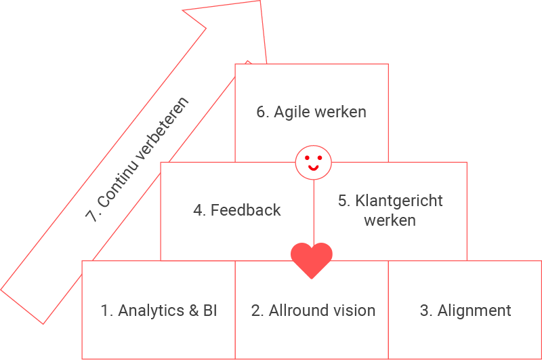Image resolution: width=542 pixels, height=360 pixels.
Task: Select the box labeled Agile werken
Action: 312,113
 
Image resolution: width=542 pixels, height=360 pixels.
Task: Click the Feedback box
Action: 236,210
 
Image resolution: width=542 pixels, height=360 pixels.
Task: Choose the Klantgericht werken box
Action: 390,210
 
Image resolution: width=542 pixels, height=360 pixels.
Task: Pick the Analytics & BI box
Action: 159,311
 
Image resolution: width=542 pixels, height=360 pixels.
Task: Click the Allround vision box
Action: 312,311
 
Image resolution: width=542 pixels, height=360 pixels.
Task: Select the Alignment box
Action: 465,311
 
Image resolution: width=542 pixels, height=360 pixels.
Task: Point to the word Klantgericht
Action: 399,201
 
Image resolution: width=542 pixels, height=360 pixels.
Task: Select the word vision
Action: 352,311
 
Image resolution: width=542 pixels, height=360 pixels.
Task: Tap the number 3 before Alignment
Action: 425,311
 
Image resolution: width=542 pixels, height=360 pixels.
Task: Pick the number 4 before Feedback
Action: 199,210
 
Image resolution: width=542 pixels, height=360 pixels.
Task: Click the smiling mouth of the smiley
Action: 313,167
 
